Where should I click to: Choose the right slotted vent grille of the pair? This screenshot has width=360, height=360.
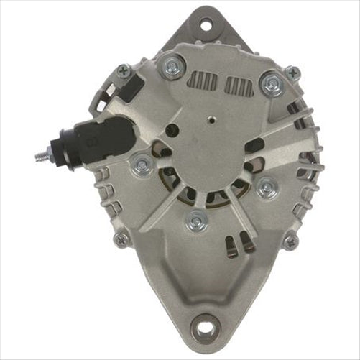click(238, 86)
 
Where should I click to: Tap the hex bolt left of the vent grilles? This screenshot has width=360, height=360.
click(171, 68)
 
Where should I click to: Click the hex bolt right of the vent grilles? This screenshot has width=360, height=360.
click(272, 84)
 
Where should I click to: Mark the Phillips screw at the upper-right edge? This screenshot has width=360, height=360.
click(292, 73)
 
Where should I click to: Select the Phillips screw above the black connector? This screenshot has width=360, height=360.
click(124, 71)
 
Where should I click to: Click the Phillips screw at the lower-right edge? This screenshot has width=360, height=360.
click(290, 242)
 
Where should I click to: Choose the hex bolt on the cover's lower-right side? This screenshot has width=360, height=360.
click(266, 188)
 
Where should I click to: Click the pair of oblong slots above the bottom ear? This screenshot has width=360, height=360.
click(236, 246)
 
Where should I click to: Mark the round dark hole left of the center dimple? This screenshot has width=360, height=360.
click(172, 131)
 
